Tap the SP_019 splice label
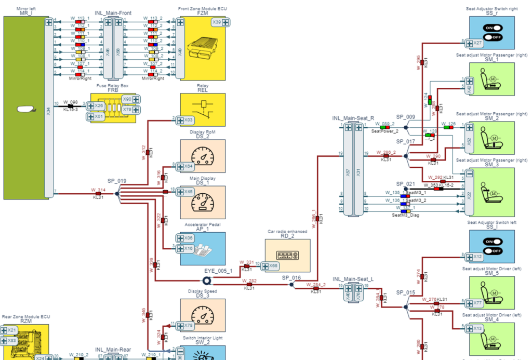[117, 181]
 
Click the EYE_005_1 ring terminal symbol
[206, 280]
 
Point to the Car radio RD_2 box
[287, 255]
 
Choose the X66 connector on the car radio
[271, 266]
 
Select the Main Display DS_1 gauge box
[203, 202]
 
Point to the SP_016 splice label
[291, 278]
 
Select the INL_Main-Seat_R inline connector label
[353, 118]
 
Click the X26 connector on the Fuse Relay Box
[96, 106]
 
